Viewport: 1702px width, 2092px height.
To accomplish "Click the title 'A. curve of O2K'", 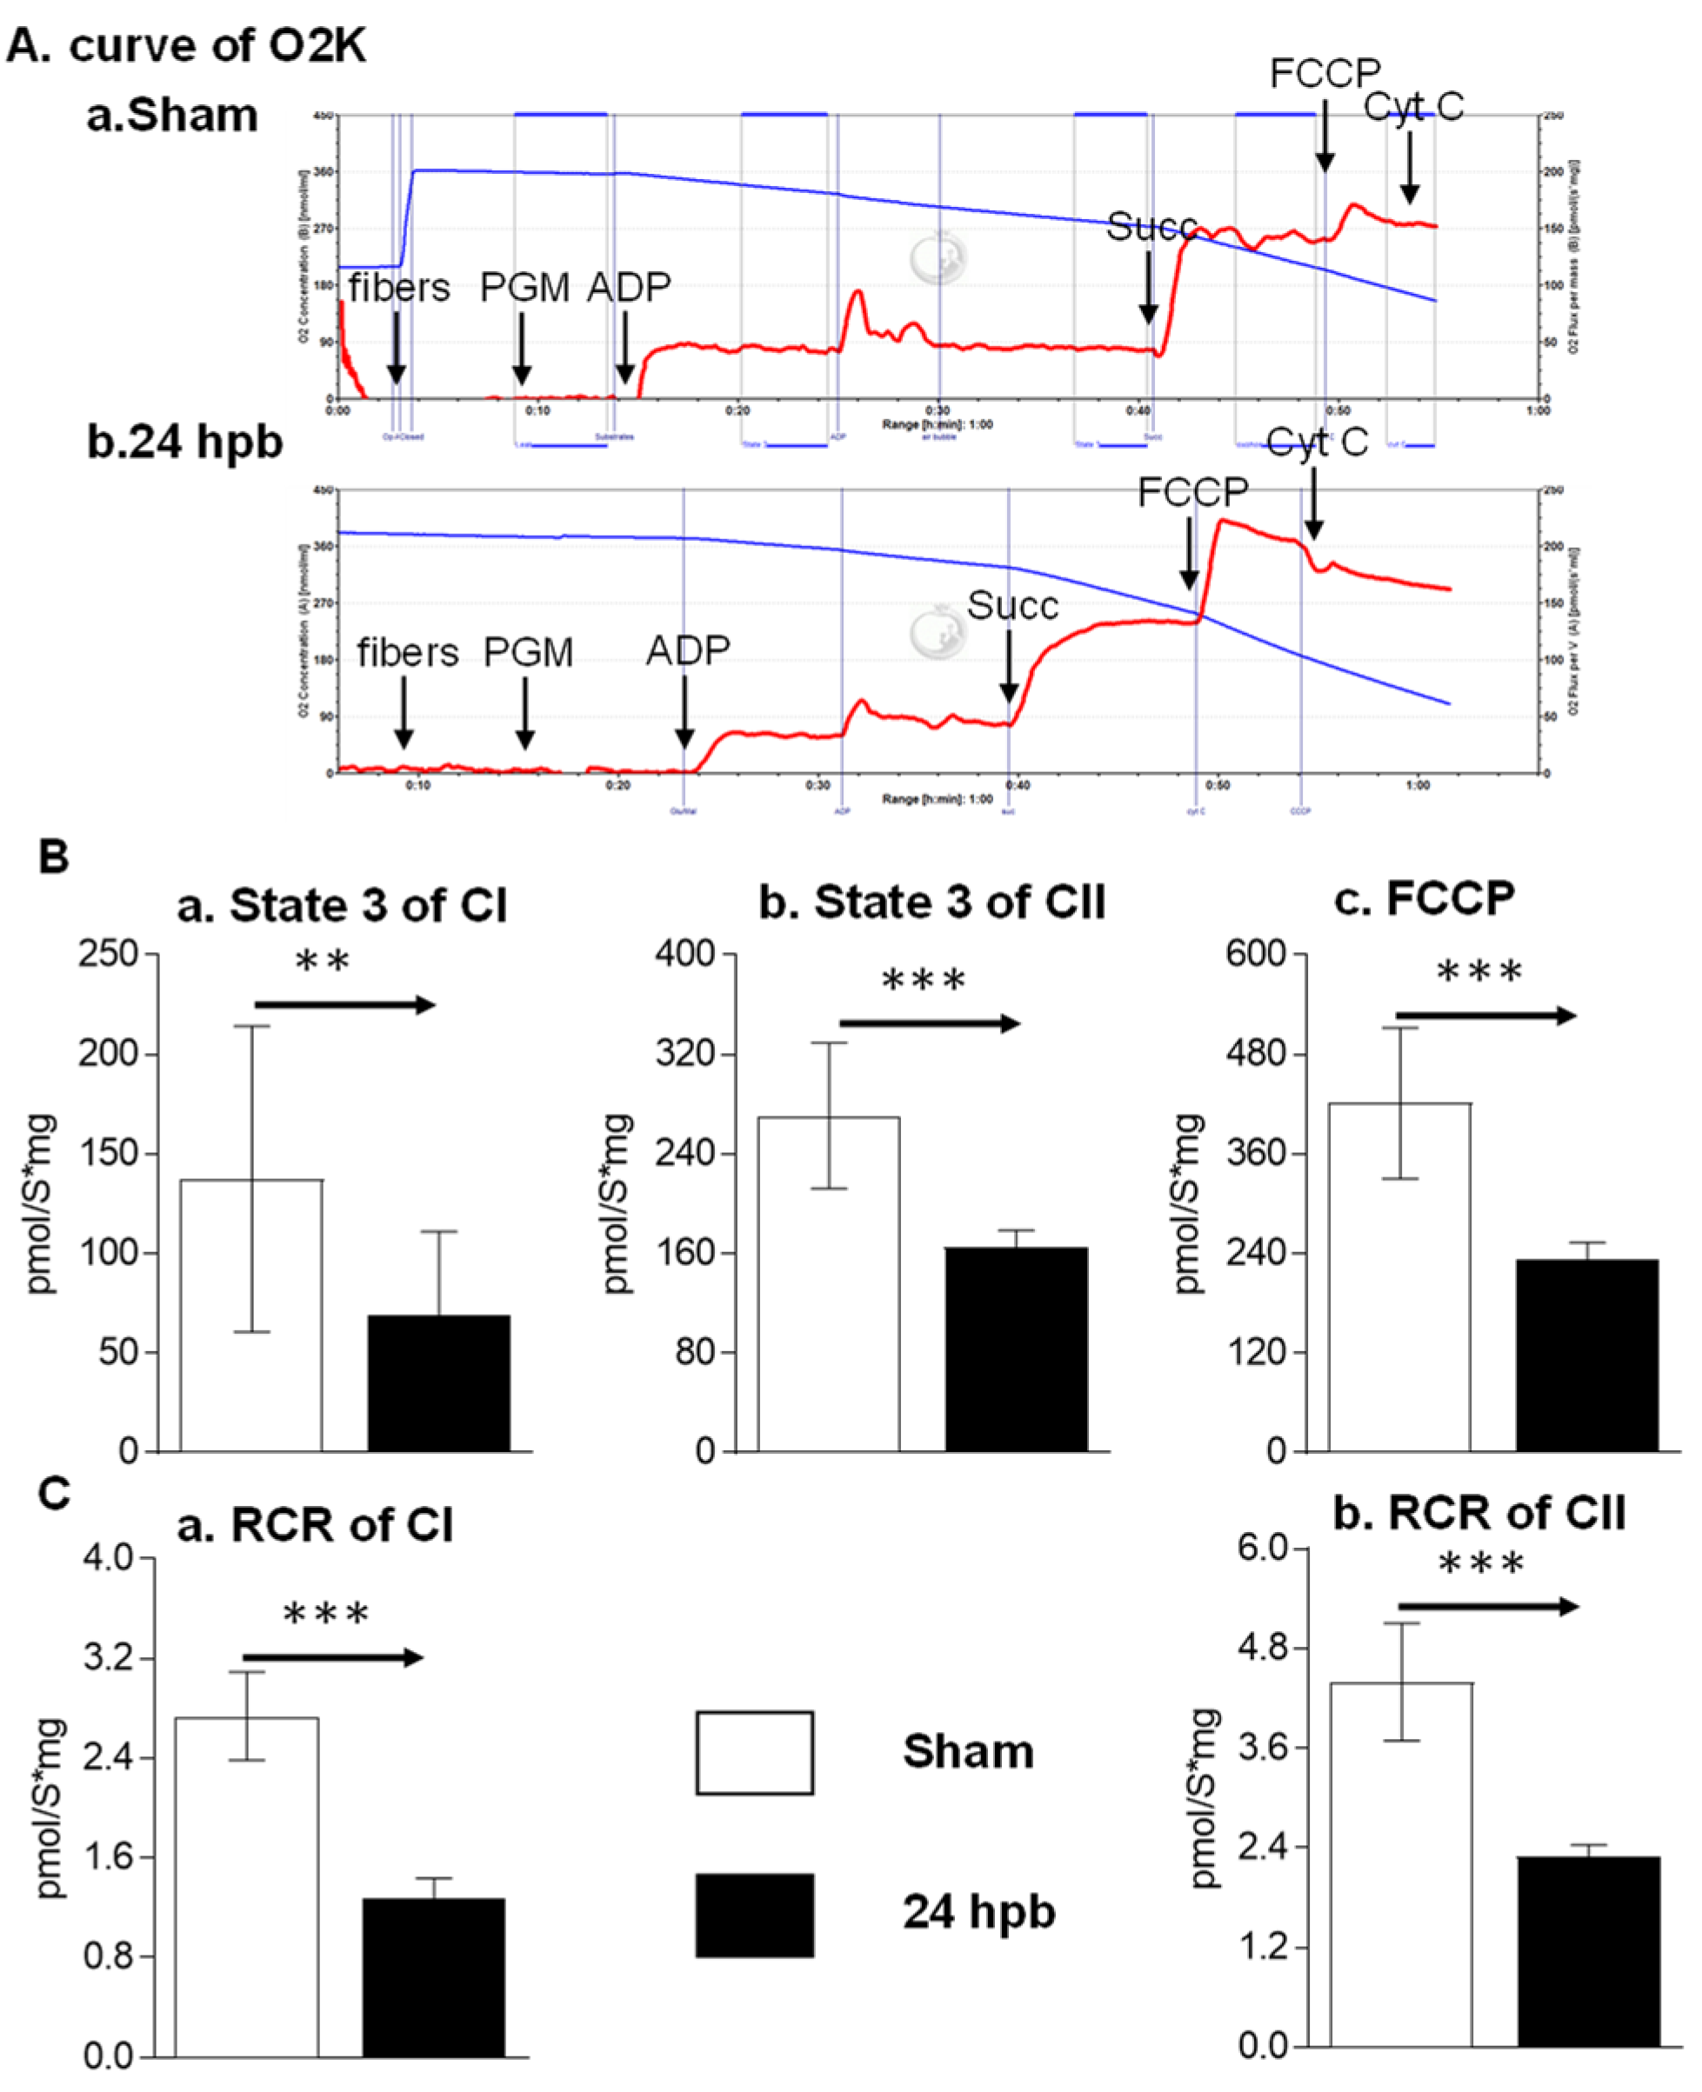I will pos(186,45).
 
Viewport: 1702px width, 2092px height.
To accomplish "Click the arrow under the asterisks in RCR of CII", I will pos(1487,1607).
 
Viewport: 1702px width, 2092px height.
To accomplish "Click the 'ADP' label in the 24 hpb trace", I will pos(687,650).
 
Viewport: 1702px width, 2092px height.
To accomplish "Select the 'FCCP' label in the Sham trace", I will pos(1325,74).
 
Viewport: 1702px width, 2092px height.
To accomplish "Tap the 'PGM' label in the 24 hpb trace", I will pos(529,652).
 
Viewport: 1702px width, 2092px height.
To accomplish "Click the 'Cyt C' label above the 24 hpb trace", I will pos(1317,443).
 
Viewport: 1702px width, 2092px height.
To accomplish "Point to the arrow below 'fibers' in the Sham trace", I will pos(396,348).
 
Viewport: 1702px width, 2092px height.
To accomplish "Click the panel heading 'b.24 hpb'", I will pos(184,441).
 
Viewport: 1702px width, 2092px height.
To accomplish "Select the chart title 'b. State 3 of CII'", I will pos(931,902).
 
